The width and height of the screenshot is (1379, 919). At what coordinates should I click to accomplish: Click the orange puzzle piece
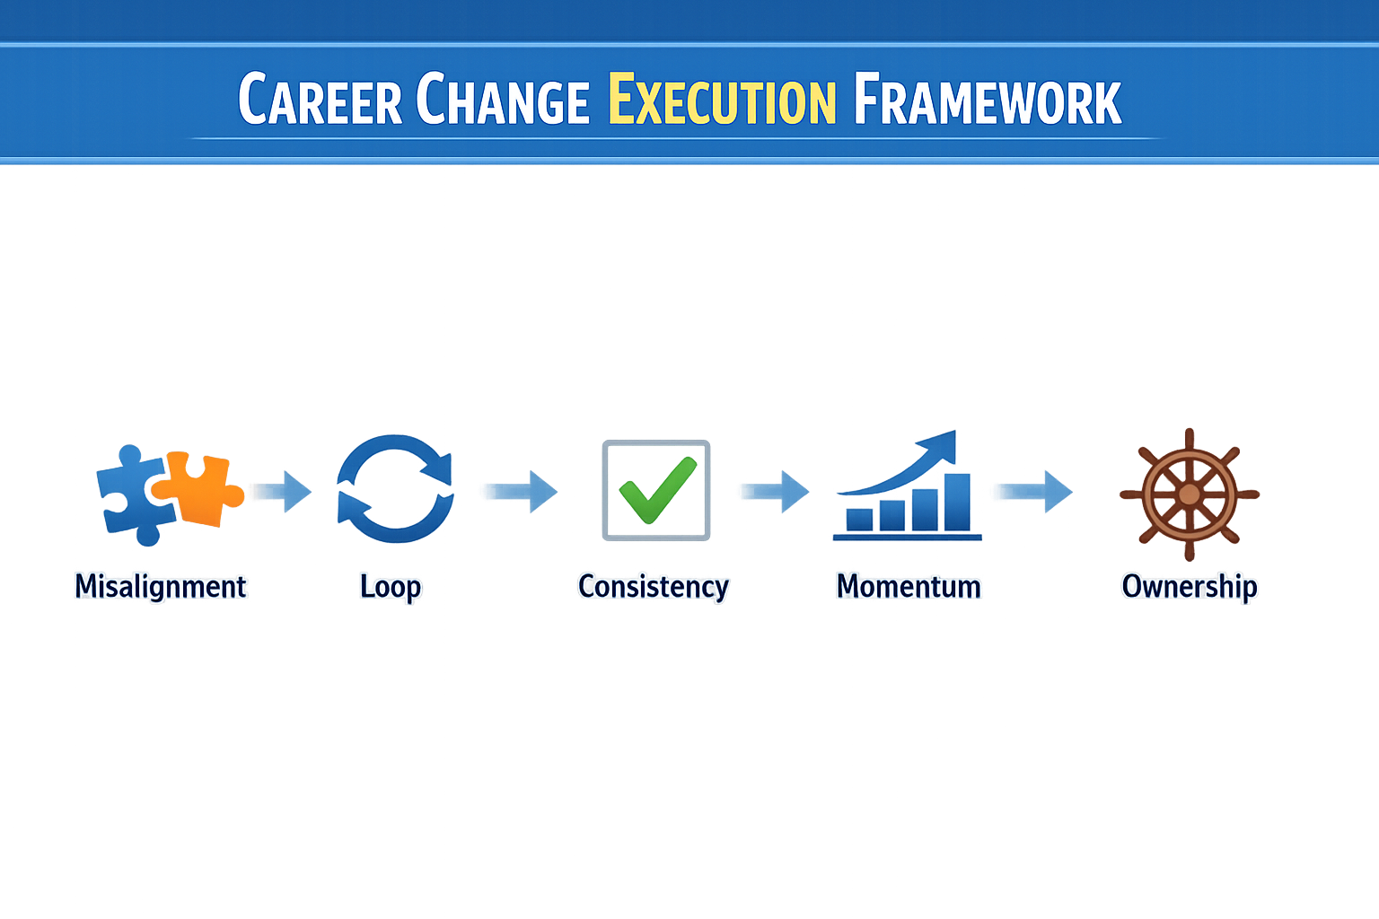(x=202, y=487)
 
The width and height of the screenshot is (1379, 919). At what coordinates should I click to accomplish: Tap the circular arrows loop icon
(x=395, y=489)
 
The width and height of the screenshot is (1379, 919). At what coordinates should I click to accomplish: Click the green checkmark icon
(x=656, y=489)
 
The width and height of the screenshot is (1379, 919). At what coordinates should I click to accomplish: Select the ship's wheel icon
(x=1189, y=494)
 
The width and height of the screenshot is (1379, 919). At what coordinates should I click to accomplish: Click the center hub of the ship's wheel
(x=1189, y=495)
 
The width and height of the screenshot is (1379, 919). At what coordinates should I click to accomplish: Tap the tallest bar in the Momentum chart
(x=957, y=502)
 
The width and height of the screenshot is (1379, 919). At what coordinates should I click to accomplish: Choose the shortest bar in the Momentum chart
(x=859, y=520)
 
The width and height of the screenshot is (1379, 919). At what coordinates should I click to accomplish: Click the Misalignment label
(x=160, y=586)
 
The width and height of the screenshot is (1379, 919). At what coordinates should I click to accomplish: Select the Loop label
(x=391, y=586)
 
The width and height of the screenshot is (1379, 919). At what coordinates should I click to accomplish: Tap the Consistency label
(x=653, y=586)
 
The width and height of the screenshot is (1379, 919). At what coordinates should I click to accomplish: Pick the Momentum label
(x=909, y=586)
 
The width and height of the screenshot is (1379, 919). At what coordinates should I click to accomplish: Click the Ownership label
(x=1190, y=586)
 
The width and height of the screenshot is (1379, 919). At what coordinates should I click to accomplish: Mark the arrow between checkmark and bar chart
(x=777, y=491)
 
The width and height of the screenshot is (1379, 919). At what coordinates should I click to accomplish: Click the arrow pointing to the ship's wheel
(x=1037, y=491)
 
